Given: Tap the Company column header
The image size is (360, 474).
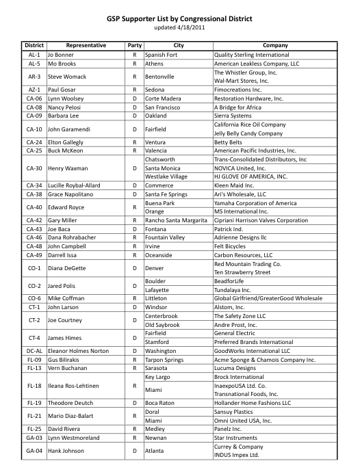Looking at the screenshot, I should pos(275,45).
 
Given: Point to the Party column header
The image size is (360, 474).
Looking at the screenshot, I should pos(135,45).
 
